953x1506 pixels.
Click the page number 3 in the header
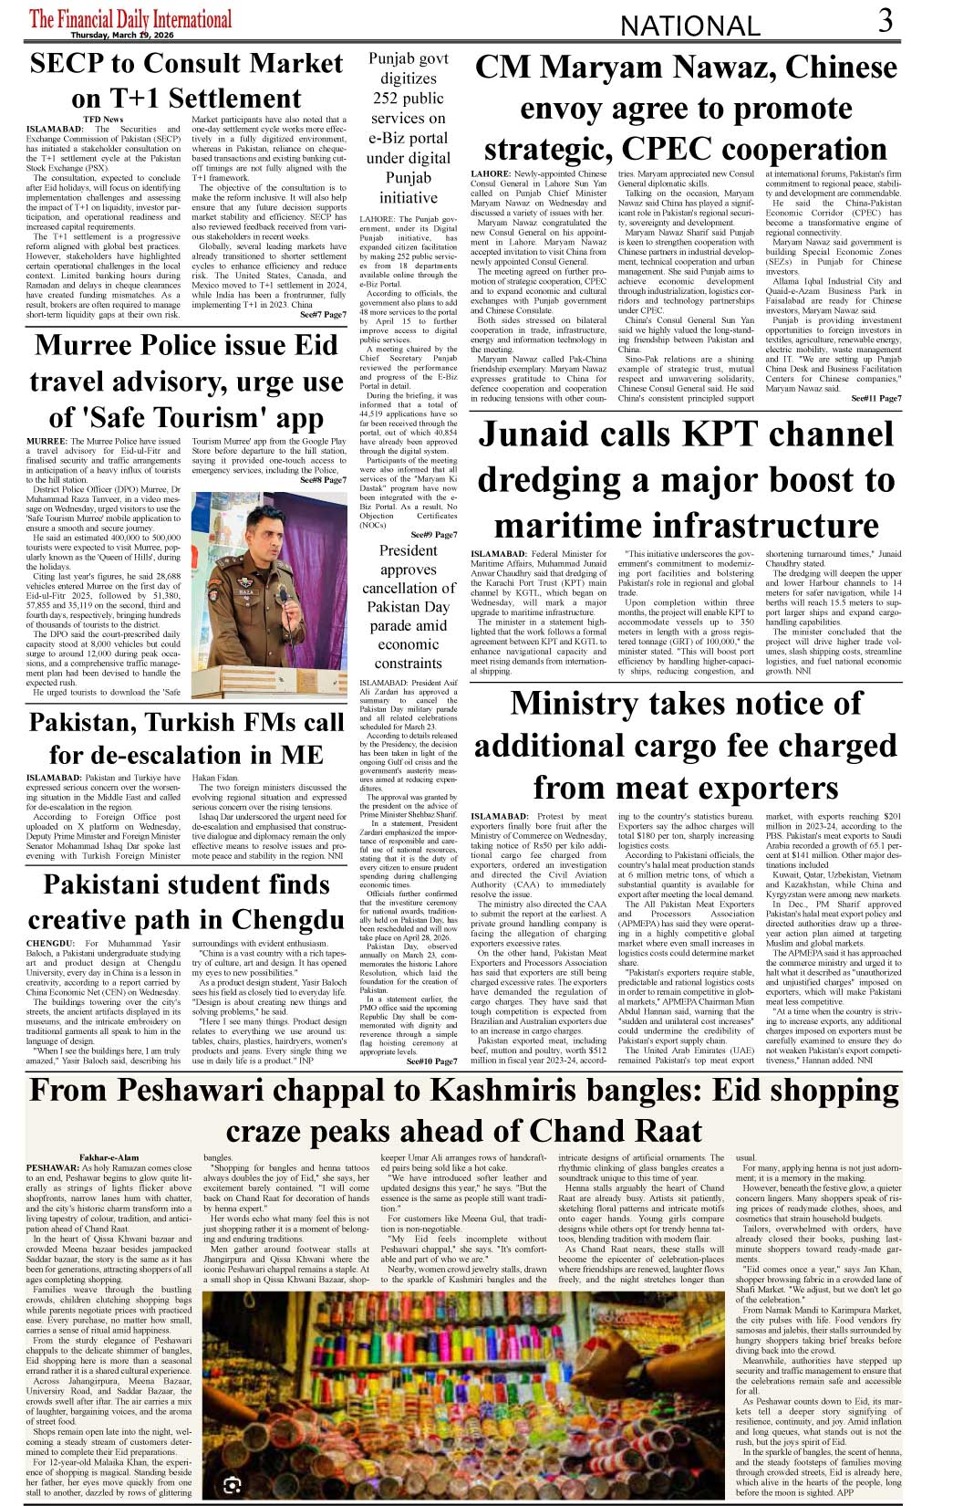pos(885,21)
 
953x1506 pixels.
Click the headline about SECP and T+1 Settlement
pos(186,80)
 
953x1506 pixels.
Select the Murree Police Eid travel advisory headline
pos(186,381)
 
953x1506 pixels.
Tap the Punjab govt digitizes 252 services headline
pos(409,128)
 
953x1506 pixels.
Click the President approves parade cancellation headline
pos(409,606)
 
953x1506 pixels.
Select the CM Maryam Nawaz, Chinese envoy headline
pos(686,108)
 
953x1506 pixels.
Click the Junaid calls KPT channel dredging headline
pos(686,480)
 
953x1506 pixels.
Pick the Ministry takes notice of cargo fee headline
pos(686,745)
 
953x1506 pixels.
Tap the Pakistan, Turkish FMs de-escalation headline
pos(186,738)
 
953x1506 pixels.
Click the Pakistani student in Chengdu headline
pos(186,901)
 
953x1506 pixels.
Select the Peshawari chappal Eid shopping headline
pos(464,1109)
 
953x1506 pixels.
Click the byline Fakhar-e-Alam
pos(109,1157)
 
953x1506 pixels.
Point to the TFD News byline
pos(103,120)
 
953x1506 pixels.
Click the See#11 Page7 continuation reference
pos(875,399)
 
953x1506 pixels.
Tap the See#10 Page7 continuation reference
pos(431,1062)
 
